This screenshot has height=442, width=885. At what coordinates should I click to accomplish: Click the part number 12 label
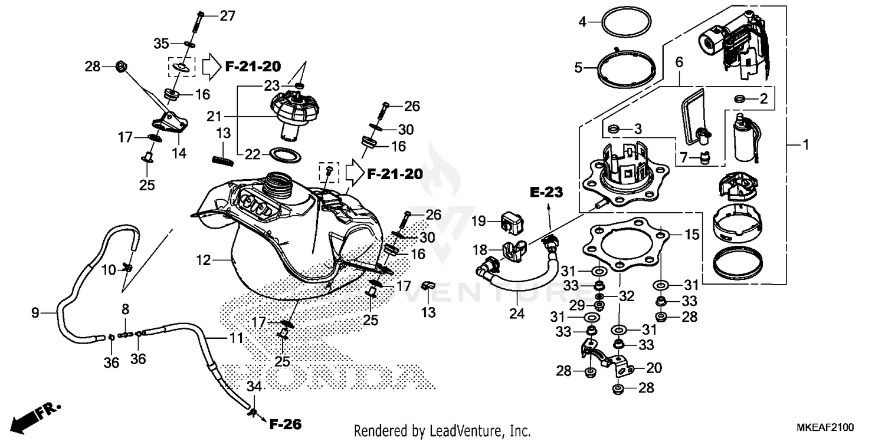[x=204, y=260]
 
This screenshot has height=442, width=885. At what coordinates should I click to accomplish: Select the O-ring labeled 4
[x=626, y=23]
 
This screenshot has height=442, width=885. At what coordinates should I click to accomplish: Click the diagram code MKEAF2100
[x=828, y=427]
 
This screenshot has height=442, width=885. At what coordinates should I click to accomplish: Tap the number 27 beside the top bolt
[x=227, y=16]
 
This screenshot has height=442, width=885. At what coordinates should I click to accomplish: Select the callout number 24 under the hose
[x=517, y=314]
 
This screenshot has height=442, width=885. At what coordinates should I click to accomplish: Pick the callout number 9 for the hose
[x=35, y=313]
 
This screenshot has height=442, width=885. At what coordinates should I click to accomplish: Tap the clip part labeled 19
[x=512, y=220]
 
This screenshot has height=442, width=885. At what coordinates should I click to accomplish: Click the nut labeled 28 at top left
[x=120, y=67]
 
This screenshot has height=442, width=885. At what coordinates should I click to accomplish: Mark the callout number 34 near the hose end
[x=254, y=387]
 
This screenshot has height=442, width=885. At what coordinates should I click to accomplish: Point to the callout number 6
[x=678, y=61]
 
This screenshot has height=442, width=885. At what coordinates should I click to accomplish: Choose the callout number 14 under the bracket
[x=179, y=153]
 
